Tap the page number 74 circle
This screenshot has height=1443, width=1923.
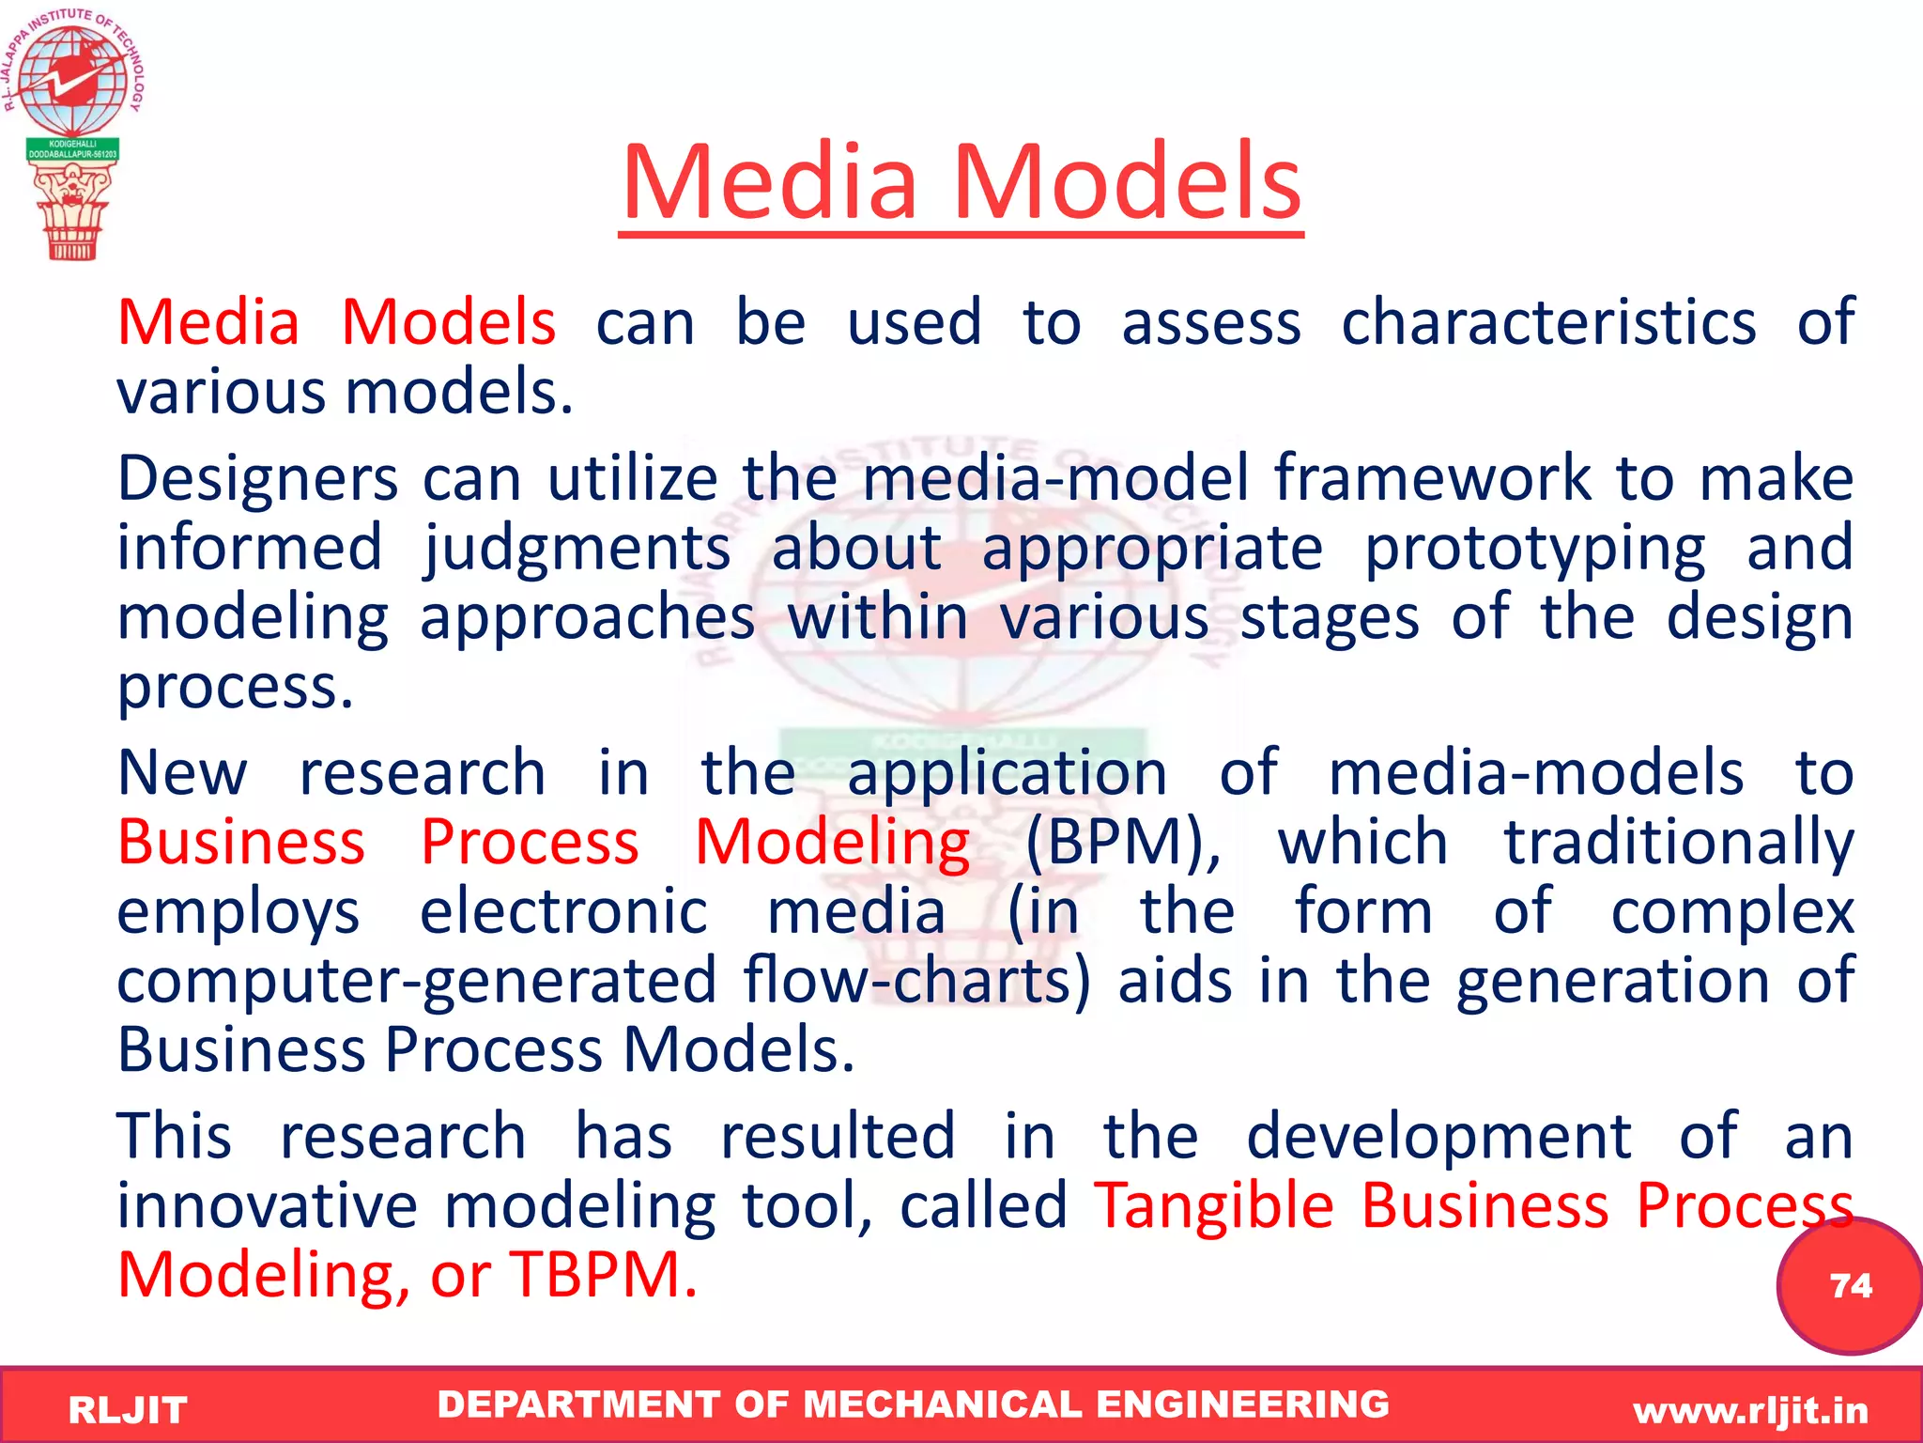click(1849, 1284)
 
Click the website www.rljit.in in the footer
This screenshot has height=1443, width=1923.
click(1750, 1410)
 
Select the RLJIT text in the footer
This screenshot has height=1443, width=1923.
click(128, 1410)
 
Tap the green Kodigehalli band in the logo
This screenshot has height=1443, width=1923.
click(72, 149)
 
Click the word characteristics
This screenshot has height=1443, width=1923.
click(1547, 322)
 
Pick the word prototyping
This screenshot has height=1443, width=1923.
click(1534, 548)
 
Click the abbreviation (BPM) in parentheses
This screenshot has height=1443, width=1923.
click(1122, 842)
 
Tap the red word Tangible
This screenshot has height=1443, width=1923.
click(1214, 1205)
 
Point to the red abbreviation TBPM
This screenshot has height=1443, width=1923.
click(603, 1275)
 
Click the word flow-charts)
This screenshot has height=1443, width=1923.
click(917, 980)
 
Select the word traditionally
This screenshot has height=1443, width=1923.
click(1678, 842)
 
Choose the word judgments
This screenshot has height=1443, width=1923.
click(576, 548)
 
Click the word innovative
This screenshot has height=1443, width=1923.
click(267, 1205)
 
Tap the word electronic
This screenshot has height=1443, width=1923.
click(563, 911)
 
